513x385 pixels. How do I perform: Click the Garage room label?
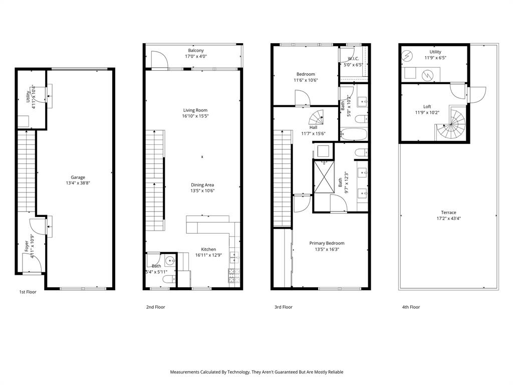78,177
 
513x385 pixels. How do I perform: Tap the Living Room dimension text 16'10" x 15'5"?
195,116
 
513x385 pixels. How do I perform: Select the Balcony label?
196,51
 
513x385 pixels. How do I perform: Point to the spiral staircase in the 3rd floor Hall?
316,119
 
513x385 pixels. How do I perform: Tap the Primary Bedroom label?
327,243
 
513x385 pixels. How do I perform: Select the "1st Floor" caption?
28,292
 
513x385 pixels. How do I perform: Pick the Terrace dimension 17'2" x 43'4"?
448,219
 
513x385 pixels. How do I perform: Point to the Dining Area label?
202,184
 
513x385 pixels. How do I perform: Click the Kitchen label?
208,249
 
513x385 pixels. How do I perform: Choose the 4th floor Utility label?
435,52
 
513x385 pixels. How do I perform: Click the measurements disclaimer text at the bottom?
256,372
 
